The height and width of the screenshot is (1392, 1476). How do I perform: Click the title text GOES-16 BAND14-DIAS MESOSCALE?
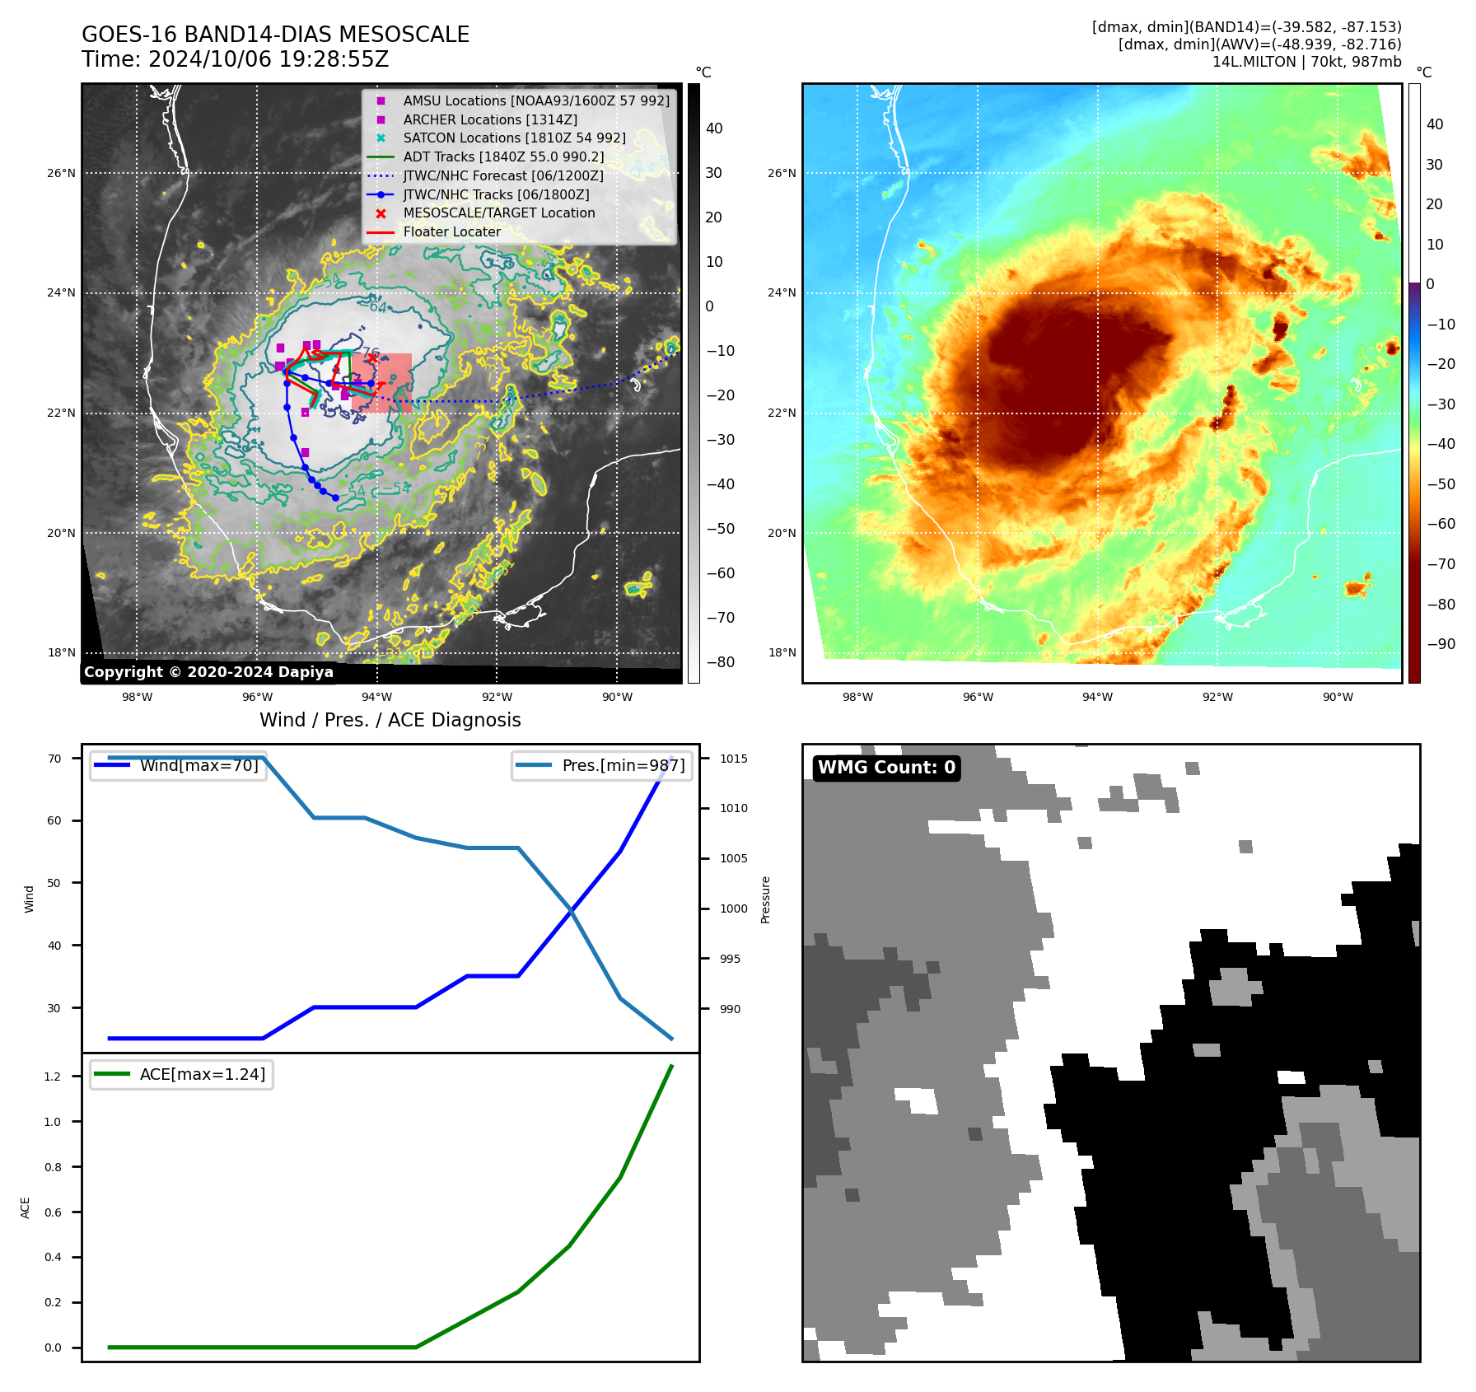pyautogui.click(x=275, y=35)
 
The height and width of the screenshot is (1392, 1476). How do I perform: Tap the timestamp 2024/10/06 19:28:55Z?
pyautogui.click(x=269, y=60)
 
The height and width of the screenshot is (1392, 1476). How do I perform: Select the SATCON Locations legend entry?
pyautogui.click(x=514, y=138)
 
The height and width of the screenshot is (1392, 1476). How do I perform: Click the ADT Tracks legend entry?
pyautogui.click(x=503, y=157)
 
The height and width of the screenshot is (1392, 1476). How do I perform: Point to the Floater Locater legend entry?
pyautogui.click(x=451, y=232)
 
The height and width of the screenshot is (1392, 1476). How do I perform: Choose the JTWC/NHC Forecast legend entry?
pyautogui.click(x=503, y=176)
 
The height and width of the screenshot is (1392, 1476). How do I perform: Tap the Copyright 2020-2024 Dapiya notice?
pyautogui.click(x=208, y=672)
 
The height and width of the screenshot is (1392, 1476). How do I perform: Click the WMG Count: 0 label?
pyautogui.click(x=886, y=768)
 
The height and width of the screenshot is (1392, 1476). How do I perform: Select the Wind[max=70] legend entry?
pyautogui.click(x=199, y=765)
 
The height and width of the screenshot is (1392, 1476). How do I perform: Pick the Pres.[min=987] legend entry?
pyautogui.click(x=623, y=765)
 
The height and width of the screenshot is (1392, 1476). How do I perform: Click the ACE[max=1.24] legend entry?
pyautogui.click(x=202, y=1074)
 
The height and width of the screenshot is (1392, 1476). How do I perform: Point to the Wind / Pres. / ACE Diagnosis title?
pyautogui.click(x=390, y=721)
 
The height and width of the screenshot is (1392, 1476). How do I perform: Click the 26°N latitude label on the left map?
pyautogui.click(x=61, y=174)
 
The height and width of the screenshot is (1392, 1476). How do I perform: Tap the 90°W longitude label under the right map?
pyautogui.click(x=1338, y=697)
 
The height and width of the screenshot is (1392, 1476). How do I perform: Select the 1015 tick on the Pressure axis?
pyautogui.click(x=733, y=759)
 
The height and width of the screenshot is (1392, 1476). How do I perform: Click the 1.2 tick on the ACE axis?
pyautogui.click(x=53, y=1077)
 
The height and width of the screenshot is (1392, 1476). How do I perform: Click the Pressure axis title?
pyautogui.click(x=766, y=899)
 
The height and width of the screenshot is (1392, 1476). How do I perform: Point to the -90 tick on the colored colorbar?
pyautogui.click(x=1441, y=644)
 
